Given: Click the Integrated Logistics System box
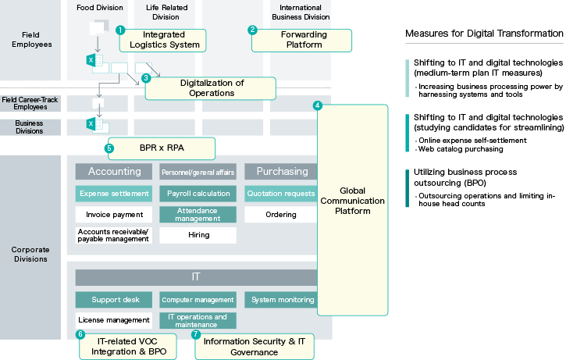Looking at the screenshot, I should pyautogui.click(x=163, y=41).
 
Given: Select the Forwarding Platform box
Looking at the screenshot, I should pyautogui.click(x=303, y=40).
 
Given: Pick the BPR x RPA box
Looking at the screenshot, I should pyautogui.click(x=161, y=147).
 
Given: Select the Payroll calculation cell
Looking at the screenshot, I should pyautogui.click(x=198, y=194).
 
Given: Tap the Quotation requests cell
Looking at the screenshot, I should pyautogui.click(x=281, y=194).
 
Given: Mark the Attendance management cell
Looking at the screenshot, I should pyautogui.click(x=198, y=214).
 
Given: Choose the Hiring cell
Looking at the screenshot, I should pyautogui.click(x=198, y=234).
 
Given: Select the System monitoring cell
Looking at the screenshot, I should pyautogui.click(x=281, y=299).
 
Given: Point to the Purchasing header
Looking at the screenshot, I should pyautogui.click(x=281, y=172).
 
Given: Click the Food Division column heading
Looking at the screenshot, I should pyautogui.click(x=100, y=8).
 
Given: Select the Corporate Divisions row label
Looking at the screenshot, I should pyautogui.click(x=30, y=254).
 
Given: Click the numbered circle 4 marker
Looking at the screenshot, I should pyautogui.click(x=318, y=105).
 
